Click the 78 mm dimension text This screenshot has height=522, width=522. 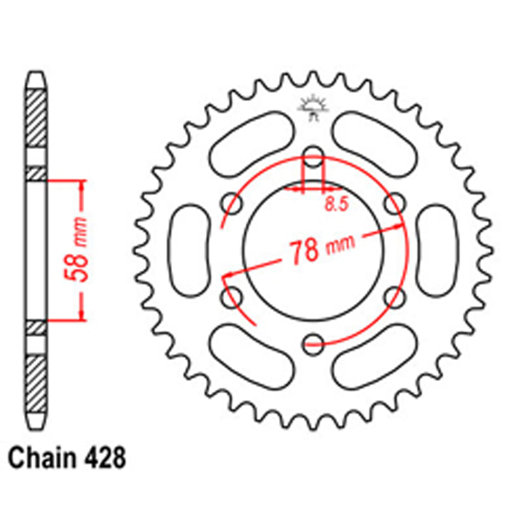click(x=319, y=248)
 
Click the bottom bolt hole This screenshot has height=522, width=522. click(x=314, y=341)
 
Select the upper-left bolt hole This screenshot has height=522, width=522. click(x=231, y=201)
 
